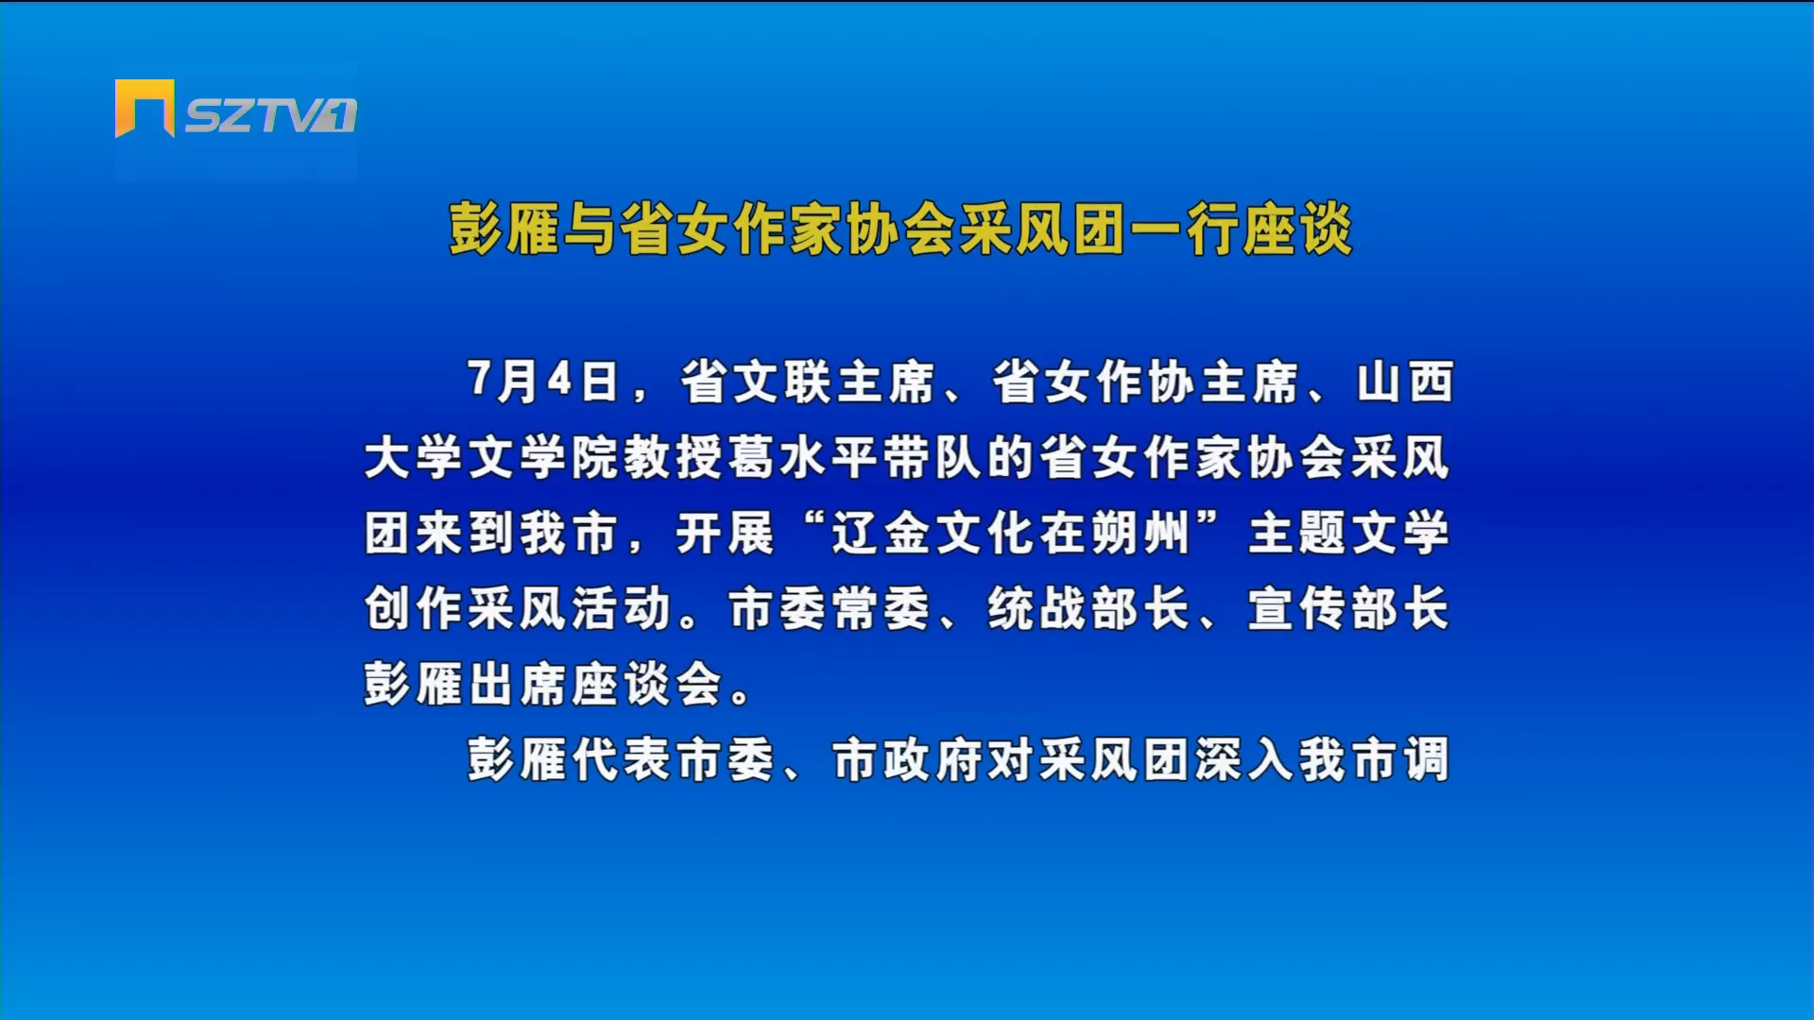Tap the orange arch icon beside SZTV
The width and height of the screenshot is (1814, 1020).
[x=145, y=108]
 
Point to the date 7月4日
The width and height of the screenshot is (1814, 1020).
[x=543, y=382]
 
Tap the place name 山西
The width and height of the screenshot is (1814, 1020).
[x=1405, y=382]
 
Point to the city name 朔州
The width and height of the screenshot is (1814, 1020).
[x=1138, y=533]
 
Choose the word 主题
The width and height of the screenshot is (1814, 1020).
[x=1299, y=533]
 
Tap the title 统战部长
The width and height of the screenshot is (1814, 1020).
[x=1088, y=608]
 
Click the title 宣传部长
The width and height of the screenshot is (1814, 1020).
[x=1348, y=608]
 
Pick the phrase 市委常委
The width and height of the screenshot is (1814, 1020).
[x=830, y=608]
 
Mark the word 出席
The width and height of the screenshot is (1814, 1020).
[x=519, y=684]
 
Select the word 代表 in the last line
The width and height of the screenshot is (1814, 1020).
[x=622, y=759]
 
